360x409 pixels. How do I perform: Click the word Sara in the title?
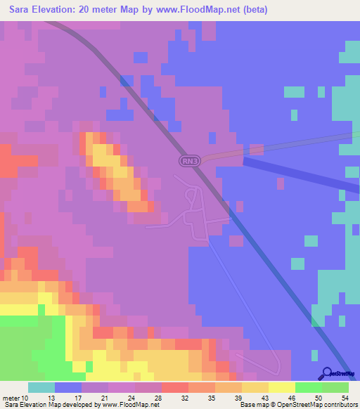tap(21, 9)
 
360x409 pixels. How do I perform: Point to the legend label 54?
tap(345, 397)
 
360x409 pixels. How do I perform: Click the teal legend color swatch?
tap(41, 387)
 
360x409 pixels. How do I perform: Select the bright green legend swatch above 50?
tap(308, 387)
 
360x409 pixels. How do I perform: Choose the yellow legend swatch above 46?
tap(281, 387)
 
